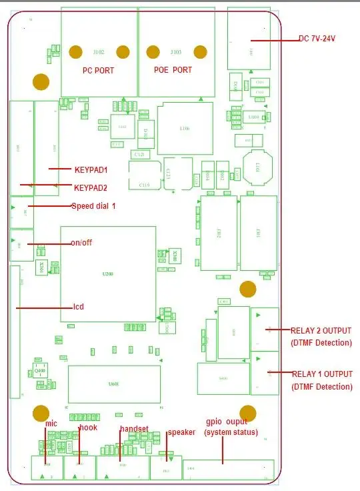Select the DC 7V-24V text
click(317, 39)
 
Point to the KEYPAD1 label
click(91, 170)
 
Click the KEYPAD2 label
click(91, 187)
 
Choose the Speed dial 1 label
click(93, 206)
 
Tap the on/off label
click(81, 242)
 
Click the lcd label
click(78, 307)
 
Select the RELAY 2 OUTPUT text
click(321, 330)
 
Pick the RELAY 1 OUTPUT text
click(321, 374)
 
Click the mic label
click(51, 424)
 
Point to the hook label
click(88, 428)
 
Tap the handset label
click(134, 428)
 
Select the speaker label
click(181, 432)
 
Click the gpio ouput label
click(227, 422)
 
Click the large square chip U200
click(108, 274)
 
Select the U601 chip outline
click(114, 384)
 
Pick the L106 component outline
click(185, 129)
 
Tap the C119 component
click(145, 175)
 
